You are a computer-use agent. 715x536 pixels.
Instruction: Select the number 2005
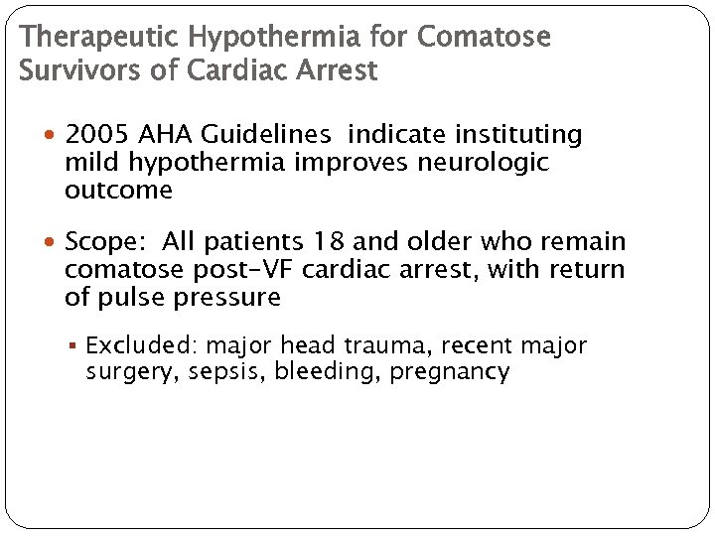coord(99,135)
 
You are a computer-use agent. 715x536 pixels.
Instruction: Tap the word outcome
coord(118,190)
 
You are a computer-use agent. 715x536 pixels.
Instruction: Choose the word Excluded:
coord(141,345)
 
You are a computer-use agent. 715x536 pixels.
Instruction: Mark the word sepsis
coord(230,372)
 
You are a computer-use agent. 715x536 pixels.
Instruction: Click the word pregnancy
coord(450,372)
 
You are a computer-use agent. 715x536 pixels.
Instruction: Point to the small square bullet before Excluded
coord(76,346)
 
